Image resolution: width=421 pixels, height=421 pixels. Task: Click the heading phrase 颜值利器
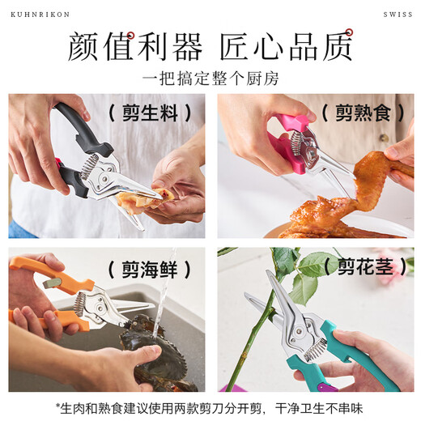pos(134,47)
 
